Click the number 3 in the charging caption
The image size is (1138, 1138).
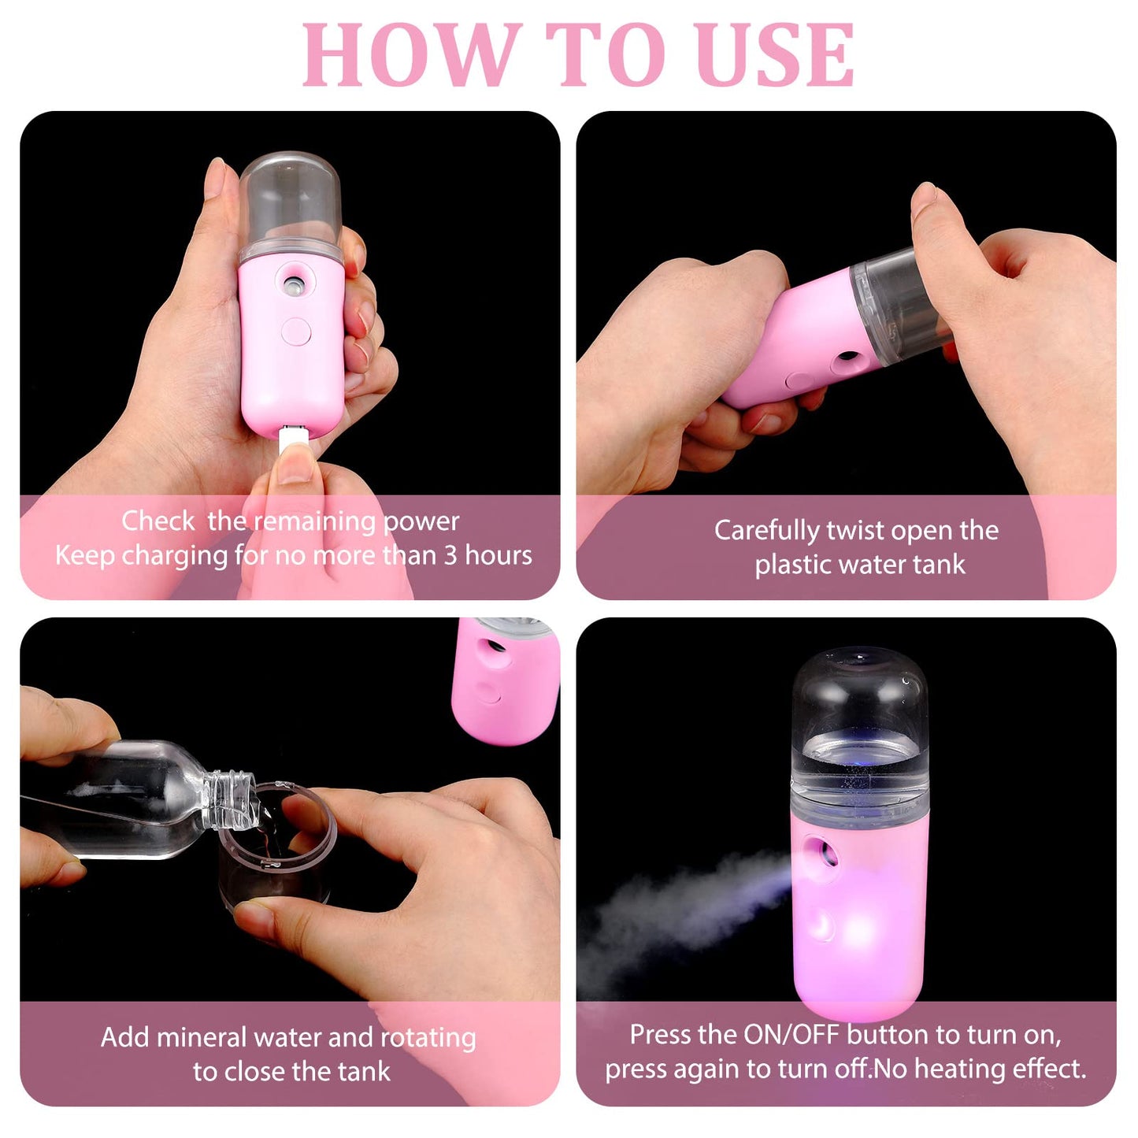click(x=450, y=555)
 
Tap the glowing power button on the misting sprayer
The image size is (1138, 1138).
click(x=822, y=925)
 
